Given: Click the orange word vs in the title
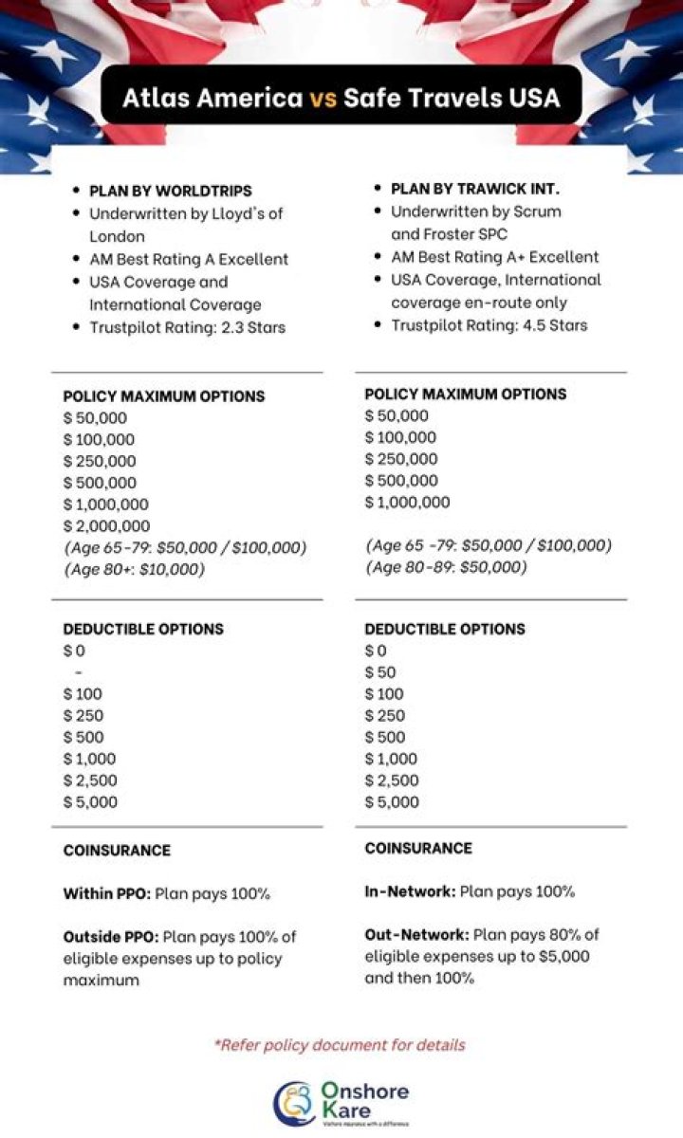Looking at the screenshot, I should click(x=323, y=98).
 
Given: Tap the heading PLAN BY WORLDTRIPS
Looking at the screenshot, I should click(x=170, y=191).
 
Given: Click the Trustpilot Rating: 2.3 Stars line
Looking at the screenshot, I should click(x=187, y=327).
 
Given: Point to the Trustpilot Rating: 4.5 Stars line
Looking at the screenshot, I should click(x=489, y=325).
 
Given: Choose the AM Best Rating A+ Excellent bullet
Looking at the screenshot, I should click(x=494, y=257).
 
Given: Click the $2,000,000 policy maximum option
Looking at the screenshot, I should click(x=106, y=526).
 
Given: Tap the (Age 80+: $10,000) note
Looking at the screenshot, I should click(x=134, y=570).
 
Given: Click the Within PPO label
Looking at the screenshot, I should click(x=106, y=893).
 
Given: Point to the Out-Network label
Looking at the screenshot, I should click(x=416, y=935).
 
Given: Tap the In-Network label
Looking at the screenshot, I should click(x=409, y=891).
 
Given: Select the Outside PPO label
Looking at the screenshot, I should click(x=110, y=937).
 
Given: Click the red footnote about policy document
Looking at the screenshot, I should click(x=341, y=1045).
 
